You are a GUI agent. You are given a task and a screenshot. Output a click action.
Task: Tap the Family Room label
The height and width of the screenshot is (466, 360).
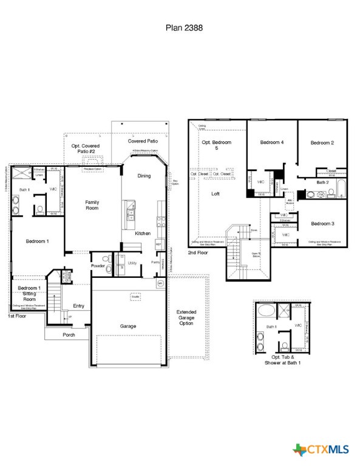click(92, 205)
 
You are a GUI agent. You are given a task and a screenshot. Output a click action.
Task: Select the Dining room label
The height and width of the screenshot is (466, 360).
click(144, 176)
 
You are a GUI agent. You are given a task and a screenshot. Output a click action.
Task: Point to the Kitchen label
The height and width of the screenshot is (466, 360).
click(143, 233)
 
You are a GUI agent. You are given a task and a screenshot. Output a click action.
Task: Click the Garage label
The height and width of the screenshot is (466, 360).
click(128, 326)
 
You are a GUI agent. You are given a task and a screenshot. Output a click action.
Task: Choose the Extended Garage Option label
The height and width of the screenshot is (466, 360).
click(186, 318)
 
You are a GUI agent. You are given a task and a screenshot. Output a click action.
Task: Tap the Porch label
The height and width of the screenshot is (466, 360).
click(69, 335)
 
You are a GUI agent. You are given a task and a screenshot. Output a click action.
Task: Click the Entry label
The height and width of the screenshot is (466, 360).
click(78, 306)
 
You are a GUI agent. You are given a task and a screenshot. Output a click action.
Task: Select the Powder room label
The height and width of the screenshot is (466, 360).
click(98, 266)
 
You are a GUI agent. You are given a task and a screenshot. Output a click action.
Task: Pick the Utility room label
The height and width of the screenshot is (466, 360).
click(132, 263)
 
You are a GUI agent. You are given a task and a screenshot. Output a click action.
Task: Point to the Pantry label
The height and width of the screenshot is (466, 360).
click(156, 263)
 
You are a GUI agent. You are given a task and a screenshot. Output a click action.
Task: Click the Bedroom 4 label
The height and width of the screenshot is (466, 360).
click(272, 143)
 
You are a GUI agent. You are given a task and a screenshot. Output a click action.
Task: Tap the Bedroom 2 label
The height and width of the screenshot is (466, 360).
click(322, 143)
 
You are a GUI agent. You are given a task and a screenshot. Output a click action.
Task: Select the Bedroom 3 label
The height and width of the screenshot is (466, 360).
click(323, 223)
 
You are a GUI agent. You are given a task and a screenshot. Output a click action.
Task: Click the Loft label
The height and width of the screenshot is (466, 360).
click(216, 194)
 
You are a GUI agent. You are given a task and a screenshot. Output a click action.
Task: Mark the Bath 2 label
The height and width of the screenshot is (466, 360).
click(322, 182)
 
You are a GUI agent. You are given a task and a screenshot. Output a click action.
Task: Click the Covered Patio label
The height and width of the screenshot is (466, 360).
click(143, 141)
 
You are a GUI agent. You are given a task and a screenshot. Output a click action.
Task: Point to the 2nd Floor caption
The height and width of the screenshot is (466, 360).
click(199, 252)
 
